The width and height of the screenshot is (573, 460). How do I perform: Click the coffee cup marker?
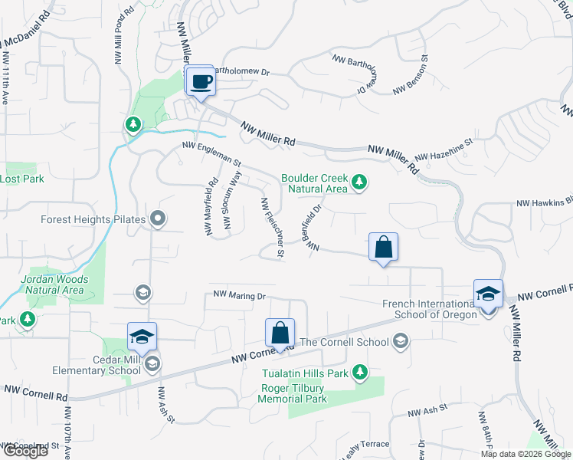201,80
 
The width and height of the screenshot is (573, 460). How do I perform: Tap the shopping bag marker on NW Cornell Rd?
280,333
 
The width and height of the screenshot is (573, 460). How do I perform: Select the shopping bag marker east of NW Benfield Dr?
383,248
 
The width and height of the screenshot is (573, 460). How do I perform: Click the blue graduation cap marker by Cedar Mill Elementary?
141,337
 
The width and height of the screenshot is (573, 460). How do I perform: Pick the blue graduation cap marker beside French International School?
488,294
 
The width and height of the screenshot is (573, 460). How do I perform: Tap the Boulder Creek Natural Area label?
314,183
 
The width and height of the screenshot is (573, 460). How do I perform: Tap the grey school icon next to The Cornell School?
400,341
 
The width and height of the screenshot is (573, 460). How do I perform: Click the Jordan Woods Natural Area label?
54,284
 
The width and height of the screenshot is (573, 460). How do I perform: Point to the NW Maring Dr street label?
239,294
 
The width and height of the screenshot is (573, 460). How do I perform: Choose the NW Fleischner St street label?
273,227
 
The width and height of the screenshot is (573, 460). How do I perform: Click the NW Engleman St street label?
211,153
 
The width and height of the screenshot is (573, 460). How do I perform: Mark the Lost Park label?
21,179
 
